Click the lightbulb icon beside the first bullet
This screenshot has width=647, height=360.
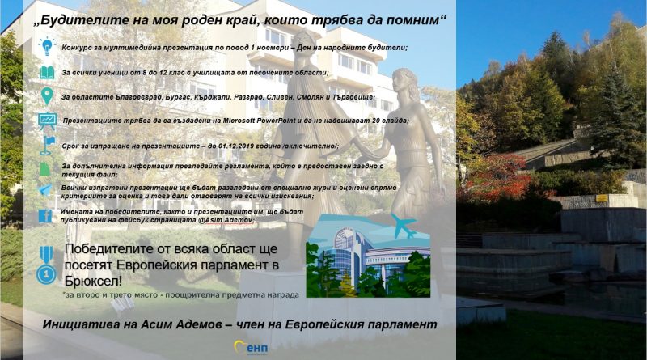tap(47, 46)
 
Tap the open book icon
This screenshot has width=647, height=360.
tap(47, 73)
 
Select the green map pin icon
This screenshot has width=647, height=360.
tap(47, 96)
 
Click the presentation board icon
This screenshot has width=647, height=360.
tap(48, 121)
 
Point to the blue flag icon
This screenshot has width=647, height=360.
tap(48, 146)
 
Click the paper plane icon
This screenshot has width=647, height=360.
tap(45, 190)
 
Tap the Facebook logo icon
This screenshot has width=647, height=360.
tap(45, 216)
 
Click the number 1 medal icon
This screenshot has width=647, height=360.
tap(46, 265)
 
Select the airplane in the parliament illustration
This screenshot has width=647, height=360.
tap(403, 227)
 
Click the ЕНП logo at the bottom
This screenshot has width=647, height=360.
tap(252, 348)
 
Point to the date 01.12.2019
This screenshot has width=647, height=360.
tap(236, 146)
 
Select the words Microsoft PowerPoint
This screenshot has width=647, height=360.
tap(259, 121)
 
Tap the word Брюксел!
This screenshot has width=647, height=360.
tap(93, 282)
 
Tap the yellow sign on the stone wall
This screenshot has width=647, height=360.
tap(602, 198)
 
